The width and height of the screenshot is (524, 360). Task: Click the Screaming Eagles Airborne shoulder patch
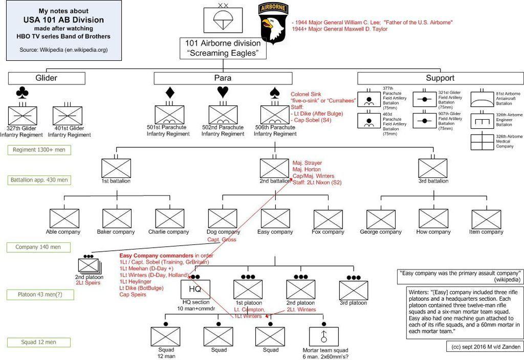click(x=273, y=23)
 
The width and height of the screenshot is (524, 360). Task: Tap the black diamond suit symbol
click(x=170, y=93)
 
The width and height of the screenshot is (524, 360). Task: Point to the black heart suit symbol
click(x=223, y=92)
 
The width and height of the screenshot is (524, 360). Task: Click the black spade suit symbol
click(x=275, y=93)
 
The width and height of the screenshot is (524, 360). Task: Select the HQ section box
click(x=195, y=289)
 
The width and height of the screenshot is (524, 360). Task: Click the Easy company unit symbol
click(x=275, y=219)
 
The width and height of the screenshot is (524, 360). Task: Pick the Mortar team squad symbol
click(x=323, y=336)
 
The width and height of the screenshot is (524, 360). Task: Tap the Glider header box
click(x=47, y=78)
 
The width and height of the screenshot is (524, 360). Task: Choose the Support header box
click(x=441, y=78)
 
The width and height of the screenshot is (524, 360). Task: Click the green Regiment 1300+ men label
click(x=39, y=150)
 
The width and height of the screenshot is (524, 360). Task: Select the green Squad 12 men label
click(x=39, y=342)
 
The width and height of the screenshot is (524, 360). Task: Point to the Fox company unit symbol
click(x=328, y=219)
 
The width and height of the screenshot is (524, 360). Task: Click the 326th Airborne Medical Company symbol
click(x=482, y=142)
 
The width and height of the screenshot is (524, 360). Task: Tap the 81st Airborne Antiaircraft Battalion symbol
click(x=482, y=99)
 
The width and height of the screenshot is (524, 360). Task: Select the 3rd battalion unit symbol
click(x=433, y=168)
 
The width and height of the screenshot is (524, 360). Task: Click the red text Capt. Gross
click(x=222, y=239)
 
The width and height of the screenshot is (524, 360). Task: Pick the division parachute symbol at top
click(x=223, y=20)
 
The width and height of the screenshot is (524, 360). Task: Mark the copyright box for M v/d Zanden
click(x=485, y=347)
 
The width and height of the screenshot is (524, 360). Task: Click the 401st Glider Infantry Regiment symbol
click(x=68, y=116)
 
